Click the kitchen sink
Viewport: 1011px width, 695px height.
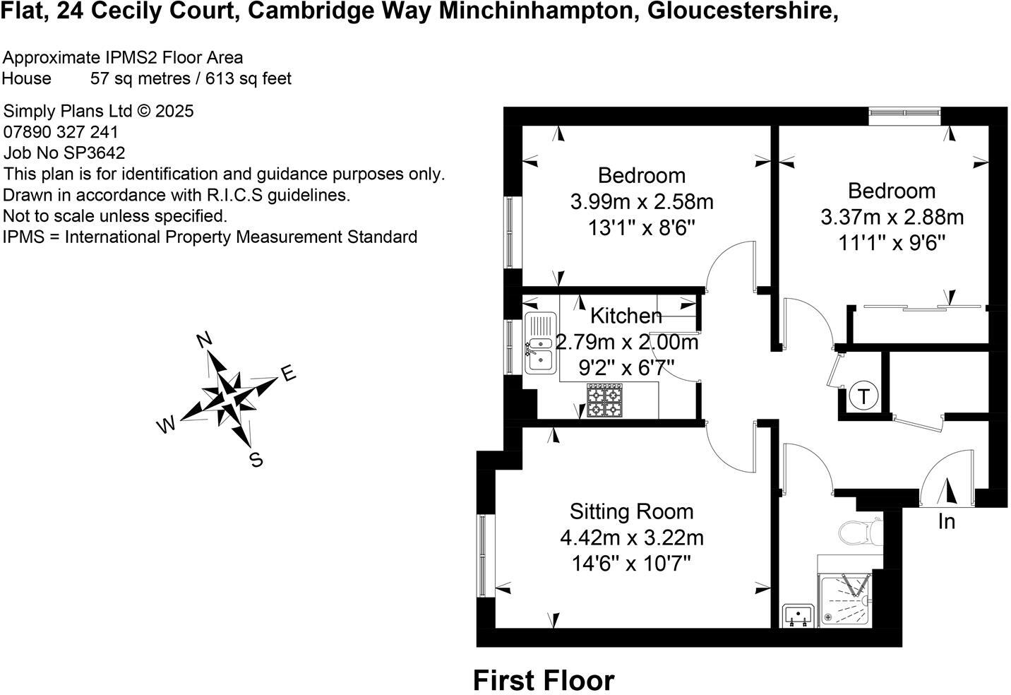click(x=540, y=344)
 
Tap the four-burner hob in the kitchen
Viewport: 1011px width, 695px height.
click(x=603, y=401)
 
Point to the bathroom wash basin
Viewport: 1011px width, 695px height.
click(x=800, y=615)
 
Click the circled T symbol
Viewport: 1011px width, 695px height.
click(x=863, y=396)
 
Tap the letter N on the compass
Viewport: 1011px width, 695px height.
click(x=204, y=340)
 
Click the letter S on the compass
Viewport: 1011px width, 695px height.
click(x=256, y=461)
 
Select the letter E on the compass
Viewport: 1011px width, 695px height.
click(x=287, y=374)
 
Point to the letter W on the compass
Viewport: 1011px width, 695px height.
click(x=165, y=425)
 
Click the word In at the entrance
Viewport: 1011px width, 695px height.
click(x=946, y=522)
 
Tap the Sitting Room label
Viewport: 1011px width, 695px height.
click(x=631, y=511)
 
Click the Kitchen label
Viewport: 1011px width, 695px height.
click(x=626, y=316)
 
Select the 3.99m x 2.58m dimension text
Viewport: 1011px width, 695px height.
click(x=641, y=202)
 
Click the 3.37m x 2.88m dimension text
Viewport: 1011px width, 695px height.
click(x=892, y=217)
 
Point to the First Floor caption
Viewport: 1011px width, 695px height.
click(x=544, y=681)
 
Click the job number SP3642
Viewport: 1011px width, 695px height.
click(x=94, y=153)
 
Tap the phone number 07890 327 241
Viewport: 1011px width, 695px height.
click(x=61, y=132)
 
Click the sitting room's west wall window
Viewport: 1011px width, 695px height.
click(x=483, y=557)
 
